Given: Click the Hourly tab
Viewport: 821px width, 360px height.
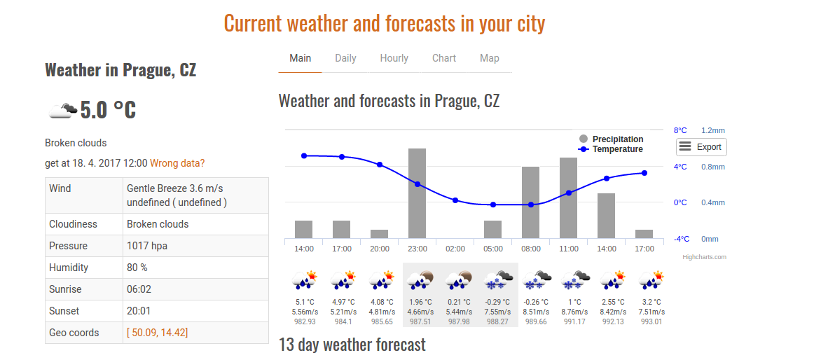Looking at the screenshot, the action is pos(394,58).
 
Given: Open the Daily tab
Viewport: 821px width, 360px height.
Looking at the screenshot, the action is pos(345,58).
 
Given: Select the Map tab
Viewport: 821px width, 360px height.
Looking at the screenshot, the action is pos(490,58).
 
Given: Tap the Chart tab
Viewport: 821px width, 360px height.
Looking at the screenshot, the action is pos(444,58).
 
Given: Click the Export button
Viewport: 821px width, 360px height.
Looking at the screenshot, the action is pos(701,147).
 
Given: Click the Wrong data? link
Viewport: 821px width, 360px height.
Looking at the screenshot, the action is pos(177,163).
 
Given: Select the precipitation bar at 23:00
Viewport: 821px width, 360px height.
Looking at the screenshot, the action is pos(418,193).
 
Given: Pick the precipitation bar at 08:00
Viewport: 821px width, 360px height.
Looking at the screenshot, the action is pos(530,202).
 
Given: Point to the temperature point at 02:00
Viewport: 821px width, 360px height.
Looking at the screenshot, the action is pos(455,200).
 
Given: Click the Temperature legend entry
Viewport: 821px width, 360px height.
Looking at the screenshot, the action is pos(611,149).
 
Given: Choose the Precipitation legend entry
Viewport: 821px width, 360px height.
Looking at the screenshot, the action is pos(612,139).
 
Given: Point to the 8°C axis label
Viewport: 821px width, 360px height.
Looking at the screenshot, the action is pos(680,130).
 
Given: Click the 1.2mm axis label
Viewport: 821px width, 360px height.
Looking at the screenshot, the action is pos(713,130).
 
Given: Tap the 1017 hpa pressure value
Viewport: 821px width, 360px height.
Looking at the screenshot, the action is pos(147,246).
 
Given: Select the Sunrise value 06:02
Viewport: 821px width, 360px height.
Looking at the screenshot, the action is pos(139,289).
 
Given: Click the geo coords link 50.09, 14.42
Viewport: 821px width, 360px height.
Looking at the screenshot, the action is pos(158,333).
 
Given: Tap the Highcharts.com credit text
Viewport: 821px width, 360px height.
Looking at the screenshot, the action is pos(704,257).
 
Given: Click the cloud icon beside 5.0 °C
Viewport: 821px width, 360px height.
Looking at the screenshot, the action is pos(61,111).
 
